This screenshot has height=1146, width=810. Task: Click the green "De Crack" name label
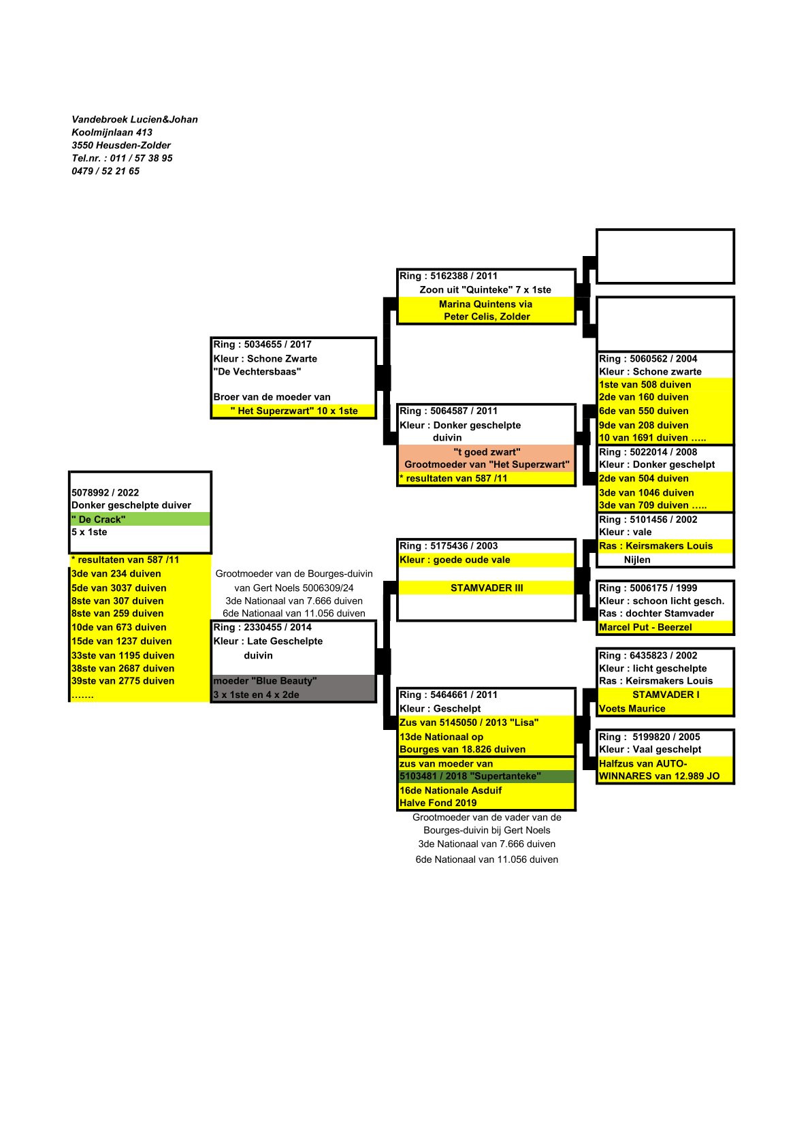(x=99, y=520)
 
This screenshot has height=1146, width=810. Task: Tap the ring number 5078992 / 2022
(x=105, y=492)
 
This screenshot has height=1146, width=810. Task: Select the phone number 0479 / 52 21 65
(x=106, y=171)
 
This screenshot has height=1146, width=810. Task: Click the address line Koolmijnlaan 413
(x=112, y=132)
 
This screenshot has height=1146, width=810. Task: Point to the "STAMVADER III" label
(x=487, y=588)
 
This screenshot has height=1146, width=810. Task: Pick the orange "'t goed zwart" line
(x=487, y=452)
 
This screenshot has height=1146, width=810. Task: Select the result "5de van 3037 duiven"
(x=118, y=588)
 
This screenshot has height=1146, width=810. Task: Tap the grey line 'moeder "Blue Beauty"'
(x=265, y=681)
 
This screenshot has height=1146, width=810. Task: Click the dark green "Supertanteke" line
(x=470, y=776)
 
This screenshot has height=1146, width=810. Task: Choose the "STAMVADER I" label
(x=665, y=695)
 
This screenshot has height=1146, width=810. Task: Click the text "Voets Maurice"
(x=632, y=709)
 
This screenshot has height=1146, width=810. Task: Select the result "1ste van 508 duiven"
(x=645, y=385)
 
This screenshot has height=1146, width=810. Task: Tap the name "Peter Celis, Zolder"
(x=487, y=317)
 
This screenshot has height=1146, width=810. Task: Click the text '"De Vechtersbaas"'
(x=257, y=372)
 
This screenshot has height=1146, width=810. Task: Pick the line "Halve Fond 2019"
(x=438, y=803)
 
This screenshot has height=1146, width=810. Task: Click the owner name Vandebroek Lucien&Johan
(x=135, y=119)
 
